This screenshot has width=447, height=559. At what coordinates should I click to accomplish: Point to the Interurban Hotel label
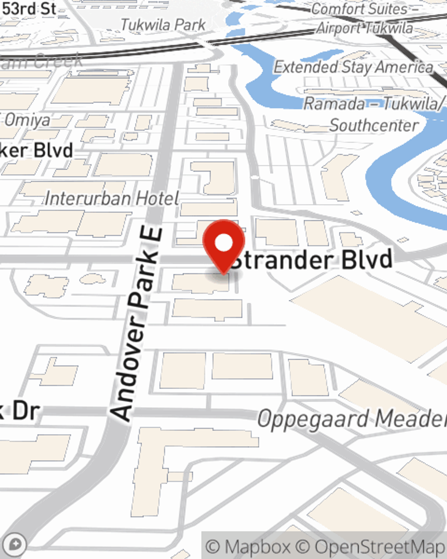(112, 198)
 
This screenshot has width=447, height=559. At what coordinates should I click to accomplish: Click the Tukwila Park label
(164, 25)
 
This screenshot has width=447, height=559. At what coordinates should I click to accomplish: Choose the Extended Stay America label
(353, 67)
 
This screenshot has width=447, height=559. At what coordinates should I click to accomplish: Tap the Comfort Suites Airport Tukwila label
(365, 18)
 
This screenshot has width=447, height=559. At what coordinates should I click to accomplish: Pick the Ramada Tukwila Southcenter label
(374, 114)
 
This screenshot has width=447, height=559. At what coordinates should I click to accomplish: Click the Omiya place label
(28, 120)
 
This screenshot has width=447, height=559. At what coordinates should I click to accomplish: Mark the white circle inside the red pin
(223, 243)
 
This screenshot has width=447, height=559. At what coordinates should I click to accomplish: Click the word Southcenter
(375, 125)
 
